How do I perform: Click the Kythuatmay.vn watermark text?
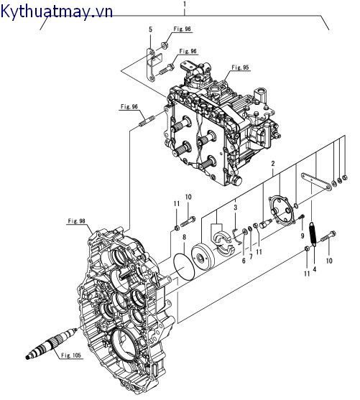tap(57, 12)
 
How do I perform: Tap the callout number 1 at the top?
tap(185, 4)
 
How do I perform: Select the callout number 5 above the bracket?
tap(150, 29)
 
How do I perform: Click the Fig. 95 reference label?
tap(240, 68)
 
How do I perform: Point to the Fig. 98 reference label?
tap(77, 221)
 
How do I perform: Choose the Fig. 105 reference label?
tap(71, 355)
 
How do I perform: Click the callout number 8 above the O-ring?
tap(184, 238)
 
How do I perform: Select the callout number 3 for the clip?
tap(236, 208)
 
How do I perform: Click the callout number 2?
tap(273, 164)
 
